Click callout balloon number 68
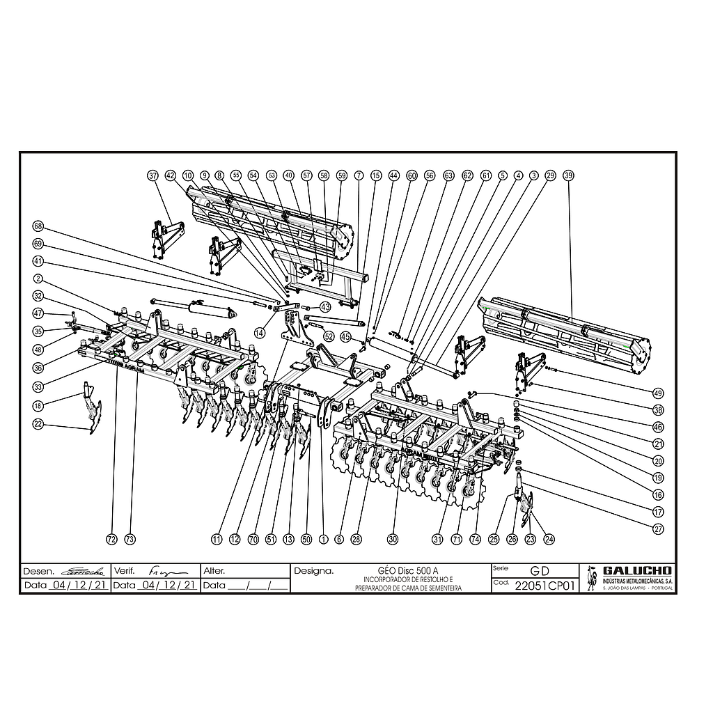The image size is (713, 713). click(38, 226)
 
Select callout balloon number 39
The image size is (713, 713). click(568, 175)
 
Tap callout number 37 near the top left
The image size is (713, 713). click(153, 175)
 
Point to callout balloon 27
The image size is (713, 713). click(658, 528)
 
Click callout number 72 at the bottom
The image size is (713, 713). click(111, 539)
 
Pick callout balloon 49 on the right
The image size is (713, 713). click(658, 391)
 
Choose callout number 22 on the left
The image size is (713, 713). click(38, 424)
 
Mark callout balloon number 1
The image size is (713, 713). click(323, 539)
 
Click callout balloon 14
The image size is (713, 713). click(260, 334)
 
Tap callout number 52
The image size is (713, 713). click(329, 336)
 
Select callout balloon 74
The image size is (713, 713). click(476, 539)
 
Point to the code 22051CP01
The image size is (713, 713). click(545, 586)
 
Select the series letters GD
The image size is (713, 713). click(540, 571)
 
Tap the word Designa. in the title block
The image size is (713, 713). click(313, 570)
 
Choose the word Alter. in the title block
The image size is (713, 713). click(214, 570)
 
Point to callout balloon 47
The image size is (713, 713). click(38, 313)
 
